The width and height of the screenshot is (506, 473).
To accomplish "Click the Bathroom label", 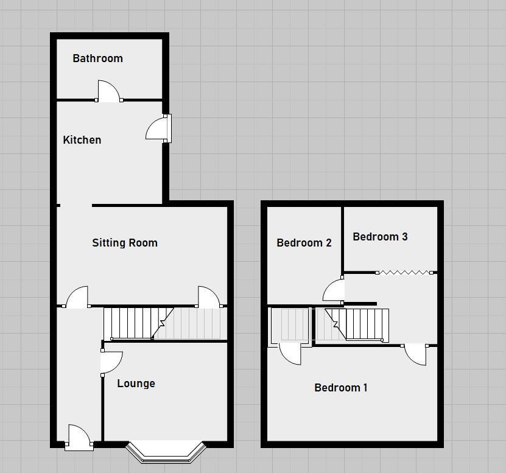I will coord(97,58).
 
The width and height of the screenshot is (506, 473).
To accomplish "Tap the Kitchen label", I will coord(82,140).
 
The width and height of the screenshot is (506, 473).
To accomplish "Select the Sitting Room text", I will coord(125,243).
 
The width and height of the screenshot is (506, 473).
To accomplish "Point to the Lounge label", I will coord(136,384).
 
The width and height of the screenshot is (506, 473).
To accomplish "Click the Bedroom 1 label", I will coord(340,388).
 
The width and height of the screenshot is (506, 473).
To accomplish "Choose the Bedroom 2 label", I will coord(304,243).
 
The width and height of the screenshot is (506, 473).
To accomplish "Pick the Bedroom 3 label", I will coord(380,237).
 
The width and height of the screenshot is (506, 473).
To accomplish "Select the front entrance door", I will coord(79,437).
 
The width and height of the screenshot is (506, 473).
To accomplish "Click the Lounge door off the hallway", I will coord(111,363).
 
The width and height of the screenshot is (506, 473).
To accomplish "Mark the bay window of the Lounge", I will coord(166,451).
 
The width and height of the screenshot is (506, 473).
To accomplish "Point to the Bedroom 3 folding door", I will coord(406,272).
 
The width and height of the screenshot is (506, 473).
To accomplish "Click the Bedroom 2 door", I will coord(334,290).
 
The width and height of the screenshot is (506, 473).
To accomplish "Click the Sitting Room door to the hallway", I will coord(77,297).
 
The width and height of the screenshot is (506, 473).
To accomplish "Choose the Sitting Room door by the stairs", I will coord(208,297).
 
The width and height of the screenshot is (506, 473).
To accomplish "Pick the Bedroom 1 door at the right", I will coord(415,354).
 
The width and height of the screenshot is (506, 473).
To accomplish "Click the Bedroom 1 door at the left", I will coord(290,354).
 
